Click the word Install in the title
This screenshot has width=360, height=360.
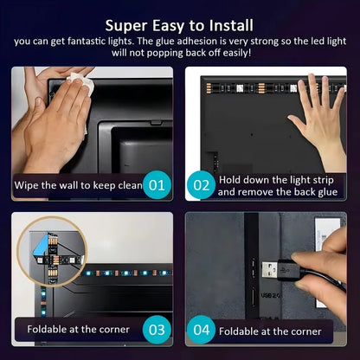coord(231,26)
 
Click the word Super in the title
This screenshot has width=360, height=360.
coord(126,26)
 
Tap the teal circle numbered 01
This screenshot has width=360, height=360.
coord(157,185)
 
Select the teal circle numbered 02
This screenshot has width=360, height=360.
coord(201,185)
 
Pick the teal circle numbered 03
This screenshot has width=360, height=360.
coord(157,330)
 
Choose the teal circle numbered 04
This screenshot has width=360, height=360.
coord(201,330)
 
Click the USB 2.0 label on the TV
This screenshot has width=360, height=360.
coord(271,295)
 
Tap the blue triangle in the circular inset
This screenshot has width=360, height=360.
coord(40,246)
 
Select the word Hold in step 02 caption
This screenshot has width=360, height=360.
coord(229,180)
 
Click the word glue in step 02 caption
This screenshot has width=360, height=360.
coord(327,193)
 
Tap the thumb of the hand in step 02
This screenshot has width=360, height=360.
coord(296,121)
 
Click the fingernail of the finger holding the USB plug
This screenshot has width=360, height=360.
coord(298,257)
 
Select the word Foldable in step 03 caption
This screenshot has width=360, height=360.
coord(48,329)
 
